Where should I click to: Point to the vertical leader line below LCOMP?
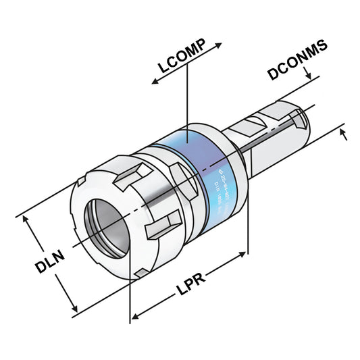(186, 101)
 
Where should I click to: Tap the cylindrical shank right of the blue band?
(270, 138)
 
